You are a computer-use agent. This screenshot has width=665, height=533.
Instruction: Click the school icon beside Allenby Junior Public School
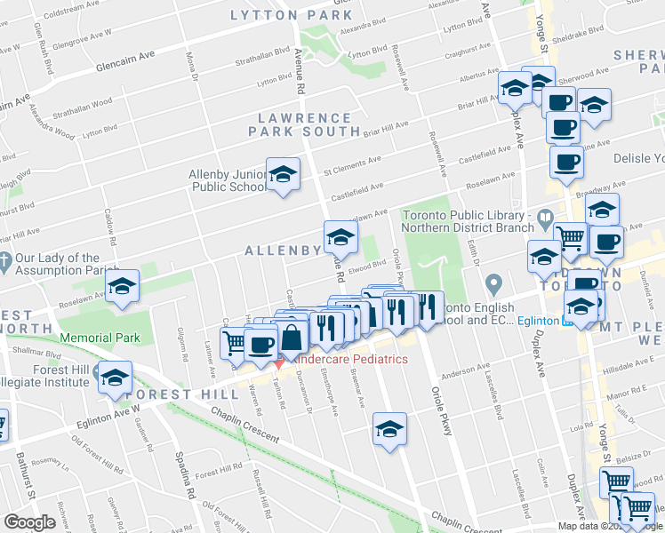coord(283,175)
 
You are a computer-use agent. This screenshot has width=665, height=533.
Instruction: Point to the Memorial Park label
coord(100,338)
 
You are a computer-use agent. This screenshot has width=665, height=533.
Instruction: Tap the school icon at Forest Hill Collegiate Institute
coord(114,378)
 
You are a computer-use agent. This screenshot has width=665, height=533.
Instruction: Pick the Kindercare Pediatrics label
coord(351,359)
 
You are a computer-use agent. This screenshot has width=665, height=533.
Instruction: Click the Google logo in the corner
coord(29,521)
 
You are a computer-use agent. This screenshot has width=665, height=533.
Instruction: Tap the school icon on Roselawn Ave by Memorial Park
coord(123,287)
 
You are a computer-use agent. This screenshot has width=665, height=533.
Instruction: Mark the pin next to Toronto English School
coord(495,284)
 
